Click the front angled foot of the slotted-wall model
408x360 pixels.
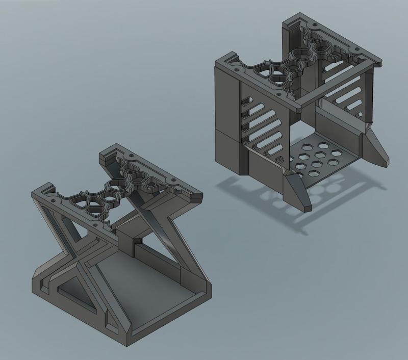(297, 192)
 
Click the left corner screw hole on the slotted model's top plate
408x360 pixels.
(236, 66)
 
